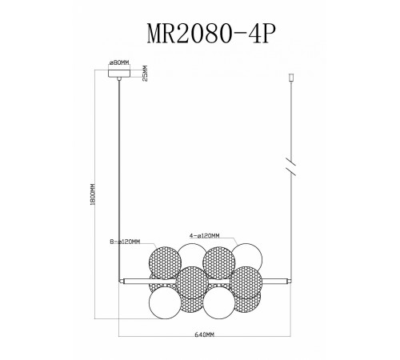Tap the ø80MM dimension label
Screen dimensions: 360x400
tap(120, 62)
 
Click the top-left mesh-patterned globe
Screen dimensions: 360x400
tap(166, 262)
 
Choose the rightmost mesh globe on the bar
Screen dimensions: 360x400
tap(249, 282)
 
